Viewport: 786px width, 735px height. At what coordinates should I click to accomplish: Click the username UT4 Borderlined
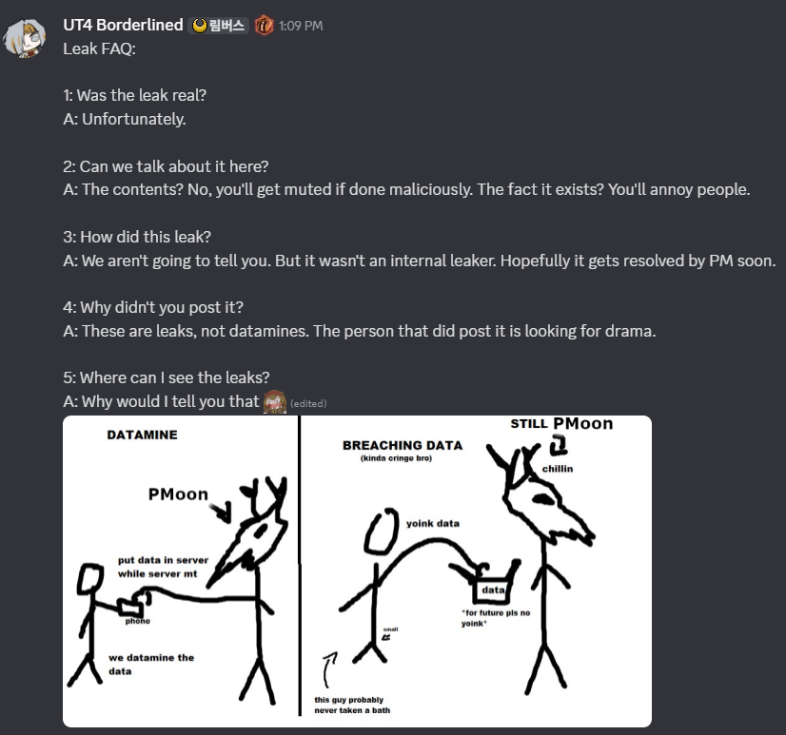point(123,25)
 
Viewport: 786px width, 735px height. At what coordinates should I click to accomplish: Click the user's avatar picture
point(24,38)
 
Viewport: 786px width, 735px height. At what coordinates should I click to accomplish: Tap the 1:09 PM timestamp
point(301,26)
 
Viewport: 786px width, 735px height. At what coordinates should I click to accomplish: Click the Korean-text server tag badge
point(219,26)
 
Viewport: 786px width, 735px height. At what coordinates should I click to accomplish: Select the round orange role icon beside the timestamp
point(264,25)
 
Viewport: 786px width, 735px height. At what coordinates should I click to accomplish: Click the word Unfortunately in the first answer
point(134,119)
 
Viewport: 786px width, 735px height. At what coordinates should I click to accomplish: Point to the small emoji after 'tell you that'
point(275,401)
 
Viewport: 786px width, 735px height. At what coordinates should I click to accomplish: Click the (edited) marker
point(308,403)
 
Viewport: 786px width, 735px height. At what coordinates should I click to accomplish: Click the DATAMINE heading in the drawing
point(143,435)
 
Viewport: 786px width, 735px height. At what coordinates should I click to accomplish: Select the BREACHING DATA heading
point(403,445)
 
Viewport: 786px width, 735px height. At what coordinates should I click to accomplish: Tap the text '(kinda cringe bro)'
point(396,458)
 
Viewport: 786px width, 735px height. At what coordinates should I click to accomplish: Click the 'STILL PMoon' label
point(561,423)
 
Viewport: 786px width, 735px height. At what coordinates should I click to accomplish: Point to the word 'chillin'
point(558,469)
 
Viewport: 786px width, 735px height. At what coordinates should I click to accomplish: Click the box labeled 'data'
point(491,590)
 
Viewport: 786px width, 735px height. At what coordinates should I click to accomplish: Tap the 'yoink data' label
point(433,523)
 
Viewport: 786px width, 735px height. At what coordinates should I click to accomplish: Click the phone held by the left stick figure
point(130,607)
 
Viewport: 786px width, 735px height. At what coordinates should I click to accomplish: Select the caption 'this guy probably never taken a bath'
point(352,705)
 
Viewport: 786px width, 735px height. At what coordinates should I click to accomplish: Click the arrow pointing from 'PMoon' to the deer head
point(221,513)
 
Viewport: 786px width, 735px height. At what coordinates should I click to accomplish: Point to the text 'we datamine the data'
point(151,665)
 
